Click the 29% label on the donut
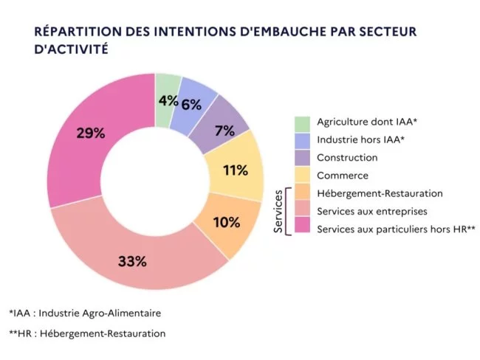point(91,134)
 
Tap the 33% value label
point(131,261)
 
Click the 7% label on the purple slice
point(224,131)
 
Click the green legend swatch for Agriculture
point(301,122)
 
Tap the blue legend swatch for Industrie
point(301,139)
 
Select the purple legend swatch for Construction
point(301,157)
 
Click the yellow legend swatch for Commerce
point(301,176)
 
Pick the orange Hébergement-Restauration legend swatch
point(301,193)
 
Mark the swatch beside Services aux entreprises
point(301,211)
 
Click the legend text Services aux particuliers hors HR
point(395,229)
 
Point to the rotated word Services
point(278,212)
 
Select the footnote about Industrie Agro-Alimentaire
point(85,313)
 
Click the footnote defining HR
point(87,333)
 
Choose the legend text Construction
point(347,157)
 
